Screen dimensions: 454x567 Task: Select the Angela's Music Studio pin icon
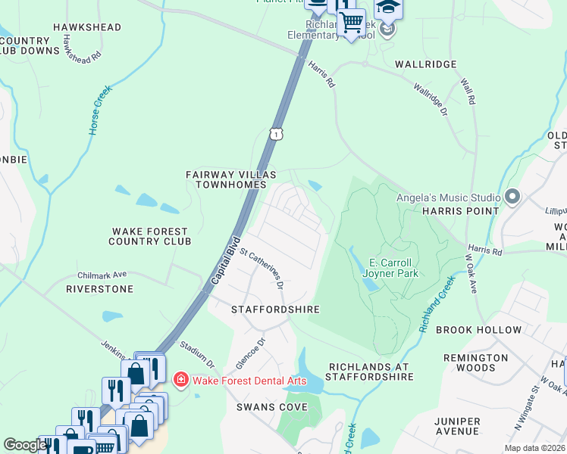click(512, 197)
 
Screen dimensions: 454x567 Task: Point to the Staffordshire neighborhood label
click(275, 310)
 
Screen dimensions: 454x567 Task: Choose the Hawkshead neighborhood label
click(87, 27)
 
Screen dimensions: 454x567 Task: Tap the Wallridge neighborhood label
click(425, 65)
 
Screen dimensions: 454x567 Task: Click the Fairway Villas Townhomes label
click(226, 179)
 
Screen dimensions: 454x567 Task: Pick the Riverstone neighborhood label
click(99, 289)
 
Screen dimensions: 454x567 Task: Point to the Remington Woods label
click(476, 363)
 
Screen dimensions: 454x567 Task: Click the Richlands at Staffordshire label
click(368, 372)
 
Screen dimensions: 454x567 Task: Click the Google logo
click(25, 446)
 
